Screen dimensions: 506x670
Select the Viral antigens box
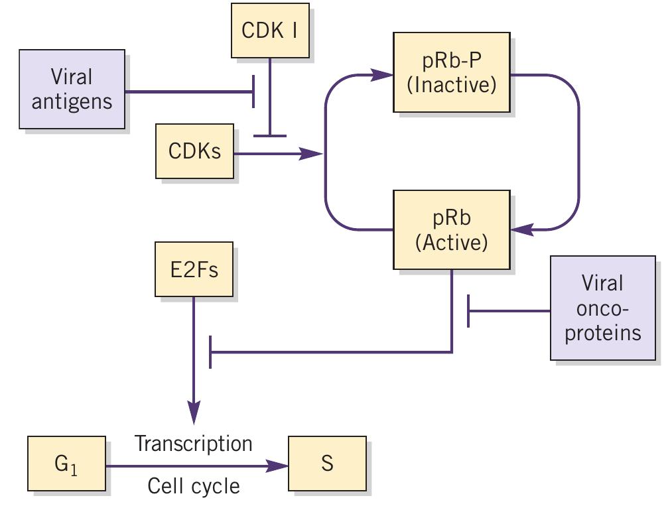coord(71,89)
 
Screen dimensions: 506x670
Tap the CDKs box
coord(194,151)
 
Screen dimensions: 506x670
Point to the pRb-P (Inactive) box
coord(451,72)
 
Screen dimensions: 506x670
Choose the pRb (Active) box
coord(451,229)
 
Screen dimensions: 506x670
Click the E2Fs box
coord(194,269)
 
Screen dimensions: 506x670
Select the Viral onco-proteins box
coord(602,308)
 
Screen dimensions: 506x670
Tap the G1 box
coord(66,463)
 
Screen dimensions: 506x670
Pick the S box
coord(327,463)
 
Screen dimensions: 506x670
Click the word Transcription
coord(194,443)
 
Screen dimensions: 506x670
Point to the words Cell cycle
coord(194,486)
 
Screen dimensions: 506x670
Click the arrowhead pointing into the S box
coord(279,466)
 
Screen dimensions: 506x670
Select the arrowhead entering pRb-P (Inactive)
coord(383,75)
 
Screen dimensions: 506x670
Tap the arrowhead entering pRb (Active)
coord(522,229)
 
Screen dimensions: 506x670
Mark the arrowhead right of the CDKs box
coord(311,154)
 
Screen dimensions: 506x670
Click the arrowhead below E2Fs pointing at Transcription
coord(194,415)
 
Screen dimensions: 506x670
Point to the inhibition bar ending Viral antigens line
coord(253,92)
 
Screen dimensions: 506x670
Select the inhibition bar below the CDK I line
coord(269,136)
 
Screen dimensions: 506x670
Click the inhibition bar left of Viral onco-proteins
coord(469,310)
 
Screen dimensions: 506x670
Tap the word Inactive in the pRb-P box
coord(451,86)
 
